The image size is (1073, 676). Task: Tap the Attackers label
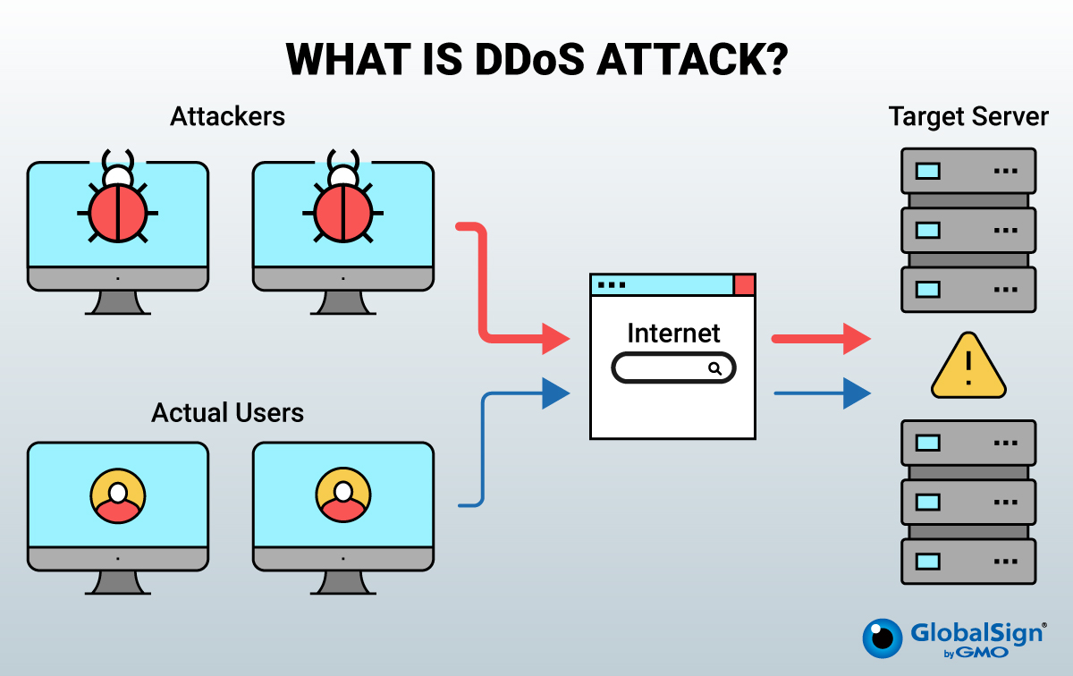coord(228,116)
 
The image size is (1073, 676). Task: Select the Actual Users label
coord(228,412)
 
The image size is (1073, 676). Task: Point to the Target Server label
coord(968,116)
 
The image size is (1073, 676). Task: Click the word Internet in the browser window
coord(673,334)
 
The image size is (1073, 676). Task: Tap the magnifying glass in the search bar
coord(714,368)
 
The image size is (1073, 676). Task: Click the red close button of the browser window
coord(744,285)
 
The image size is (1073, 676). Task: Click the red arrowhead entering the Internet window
coord(557,339)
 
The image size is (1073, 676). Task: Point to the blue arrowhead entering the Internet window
coord(555,392)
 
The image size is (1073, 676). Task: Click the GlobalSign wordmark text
coord(976,633)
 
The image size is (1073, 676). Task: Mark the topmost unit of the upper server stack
coord(968,171)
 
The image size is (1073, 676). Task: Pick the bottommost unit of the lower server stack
coord(968,561)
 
